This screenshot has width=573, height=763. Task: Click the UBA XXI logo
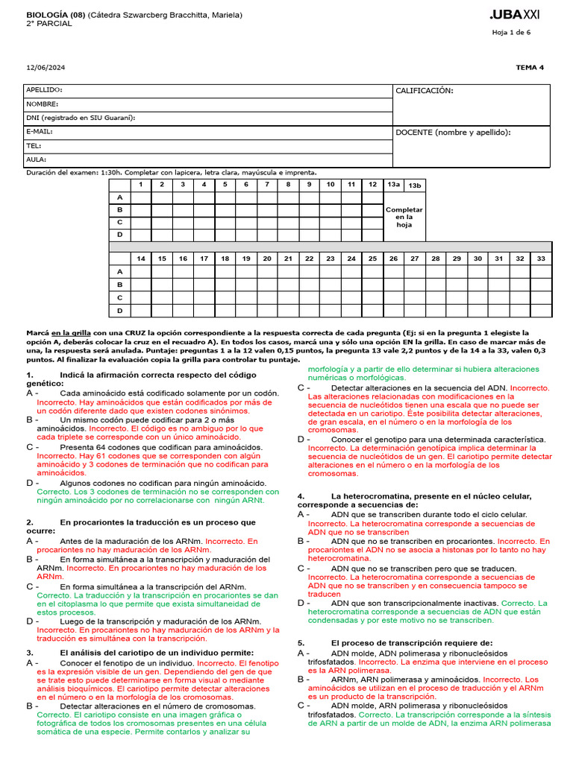pyautogui.click(x=515, y=15)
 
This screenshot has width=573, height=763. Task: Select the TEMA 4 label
pyautogui.click(x=530, y=67)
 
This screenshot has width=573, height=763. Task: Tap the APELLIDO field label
pyautogui.click(x=44, y=90)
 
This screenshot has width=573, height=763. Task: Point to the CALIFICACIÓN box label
pyautogui.click(x=424, y=91)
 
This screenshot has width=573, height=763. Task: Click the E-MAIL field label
pyautogui.click(x=40, y=132)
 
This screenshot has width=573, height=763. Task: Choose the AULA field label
pyautogui.click(x=37, y=159)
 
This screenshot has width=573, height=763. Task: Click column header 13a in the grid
pyautogui.click(x=393, y=184)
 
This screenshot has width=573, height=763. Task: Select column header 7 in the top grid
pyautogui.click(x=266, y=184)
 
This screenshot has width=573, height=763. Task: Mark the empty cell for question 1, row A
pyautogui.click(x=140, y=197)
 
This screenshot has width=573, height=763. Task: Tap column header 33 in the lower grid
pyautogui.click(x=541, y=259)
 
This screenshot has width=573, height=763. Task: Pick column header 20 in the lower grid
pyautogui.click(x=266, y=259)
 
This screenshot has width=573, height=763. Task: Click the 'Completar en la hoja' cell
pyautogui.click(x=404, y=217)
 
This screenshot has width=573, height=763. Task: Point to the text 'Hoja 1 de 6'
pyautogui.click(x=511, y=33)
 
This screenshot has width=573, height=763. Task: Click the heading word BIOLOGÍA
pyautogui.click(x=46, y=14)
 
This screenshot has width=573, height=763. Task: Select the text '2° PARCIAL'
pyautogui.click(x=49, y=24)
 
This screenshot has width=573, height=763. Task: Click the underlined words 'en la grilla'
pyautogui.click(x=72, y=332)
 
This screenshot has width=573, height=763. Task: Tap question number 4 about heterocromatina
pyautogui.click(x=300, y=496)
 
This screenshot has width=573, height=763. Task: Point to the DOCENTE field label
pyautogui.click(x=453, y=132)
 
